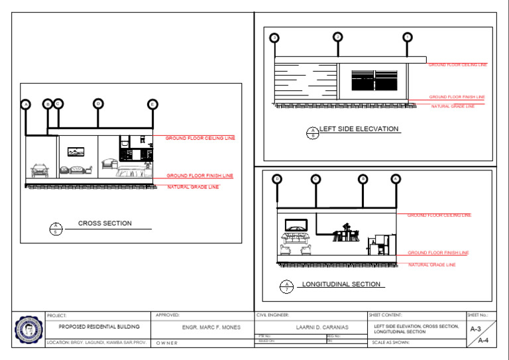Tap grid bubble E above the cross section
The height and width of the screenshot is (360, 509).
coord(152,103)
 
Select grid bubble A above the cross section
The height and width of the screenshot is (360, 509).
coord(25,104)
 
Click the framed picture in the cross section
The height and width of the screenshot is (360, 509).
coord(76,151)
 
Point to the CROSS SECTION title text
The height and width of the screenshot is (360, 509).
coord(105,223)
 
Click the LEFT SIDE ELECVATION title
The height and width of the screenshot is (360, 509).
coord(359,129)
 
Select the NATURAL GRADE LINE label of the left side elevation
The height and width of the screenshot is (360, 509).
coord(453,106)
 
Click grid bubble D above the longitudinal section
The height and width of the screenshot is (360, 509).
coord(277,178)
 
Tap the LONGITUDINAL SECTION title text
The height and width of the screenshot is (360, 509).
coord(341,284)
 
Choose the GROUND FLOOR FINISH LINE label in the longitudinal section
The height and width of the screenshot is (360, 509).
coord(437,253)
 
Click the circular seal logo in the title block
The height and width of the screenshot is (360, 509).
coord(28,329)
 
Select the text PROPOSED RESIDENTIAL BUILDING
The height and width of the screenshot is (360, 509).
coord(99,327)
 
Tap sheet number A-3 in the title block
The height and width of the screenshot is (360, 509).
coord(475,329)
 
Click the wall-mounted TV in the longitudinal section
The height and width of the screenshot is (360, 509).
coord(296,224)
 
